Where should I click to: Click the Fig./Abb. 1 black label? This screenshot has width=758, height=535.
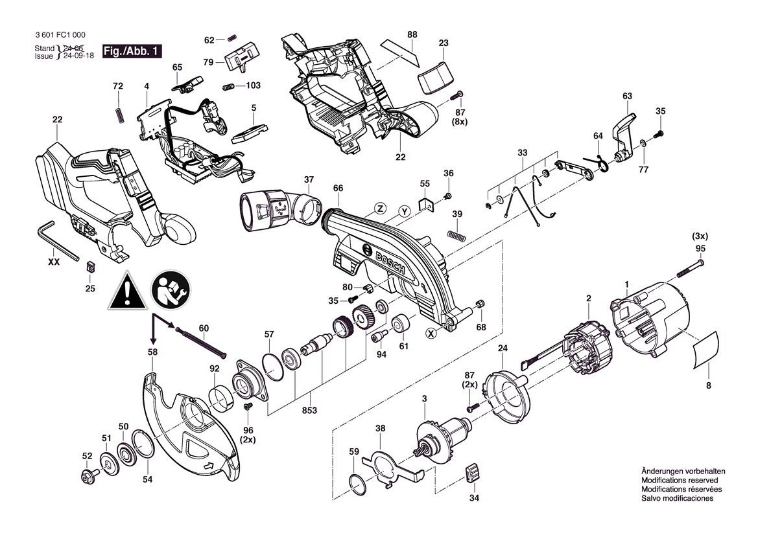tap(132, 51)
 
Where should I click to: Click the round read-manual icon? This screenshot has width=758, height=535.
tap(171, 291)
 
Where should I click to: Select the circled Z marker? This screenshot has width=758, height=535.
tap(381, 209)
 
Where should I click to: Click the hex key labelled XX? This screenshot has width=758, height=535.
tap(58, 240)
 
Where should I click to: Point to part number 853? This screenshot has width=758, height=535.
tap(309, 411)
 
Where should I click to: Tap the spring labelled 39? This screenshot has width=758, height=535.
tap(457, 234)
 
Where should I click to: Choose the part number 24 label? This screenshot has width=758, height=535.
tap(503, 348)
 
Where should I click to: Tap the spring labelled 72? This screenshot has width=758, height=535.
tap(118, 115)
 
